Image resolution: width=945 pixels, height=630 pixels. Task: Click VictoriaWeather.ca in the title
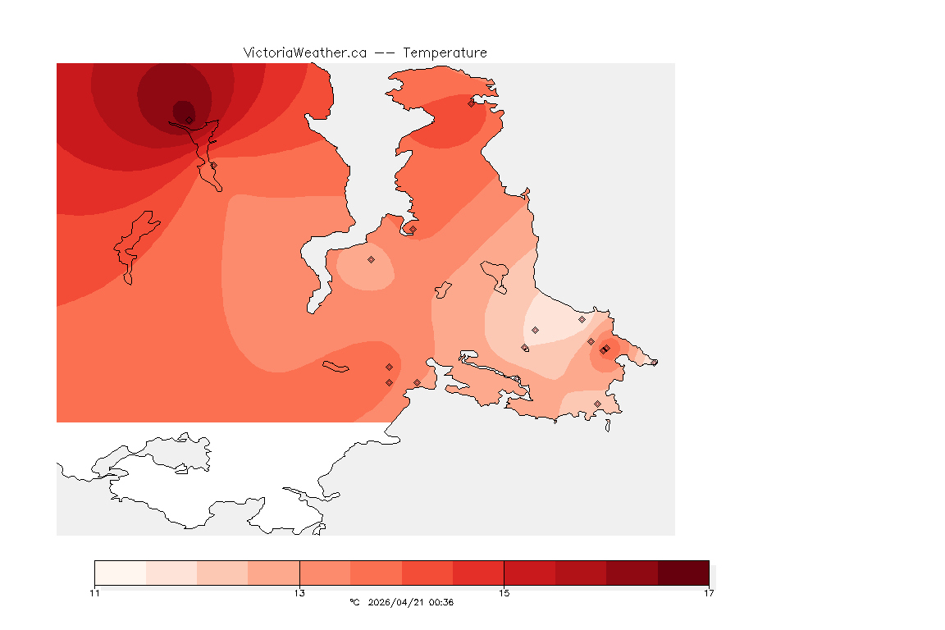click(x=304, y=52)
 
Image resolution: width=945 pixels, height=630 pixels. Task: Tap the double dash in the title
click(x=386, y=52)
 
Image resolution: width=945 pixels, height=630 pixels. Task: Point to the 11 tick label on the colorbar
click(x=94, y=592)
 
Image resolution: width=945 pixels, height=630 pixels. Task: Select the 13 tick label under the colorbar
click(x=299, y=592)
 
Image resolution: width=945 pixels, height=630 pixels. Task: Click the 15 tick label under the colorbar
click(x=504, y=592)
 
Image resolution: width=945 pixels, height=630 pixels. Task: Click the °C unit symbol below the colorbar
click(x=354, y=603)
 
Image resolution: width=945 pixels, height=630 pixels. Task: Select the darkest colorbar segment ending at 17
click(x=683, y=573)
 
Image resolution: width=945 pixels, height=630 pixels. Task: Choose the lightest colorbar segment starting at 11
click(x=120, y=573)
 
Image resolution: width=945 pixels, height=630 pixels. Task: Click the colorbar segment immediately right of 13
click(x=325, y=573)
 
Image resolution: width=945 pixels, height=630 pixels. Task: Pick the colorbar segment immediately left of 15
click(x=478, y=573)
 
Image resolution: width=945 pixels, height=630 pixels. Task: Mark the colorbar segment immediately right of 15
click(x=529, y=573)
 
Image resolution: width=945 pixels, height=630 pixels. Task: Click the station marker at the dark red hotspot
click(x=189, y=120)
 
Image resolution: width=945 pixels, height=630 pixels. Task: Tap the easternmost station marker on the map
click(x=654, y=362)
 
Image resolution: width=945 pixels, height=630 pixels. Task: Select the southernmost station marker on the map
click(x=597, y=404)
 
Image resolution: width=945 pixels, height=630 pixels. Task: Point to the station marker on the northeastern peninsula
click(x=471, y=103)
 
